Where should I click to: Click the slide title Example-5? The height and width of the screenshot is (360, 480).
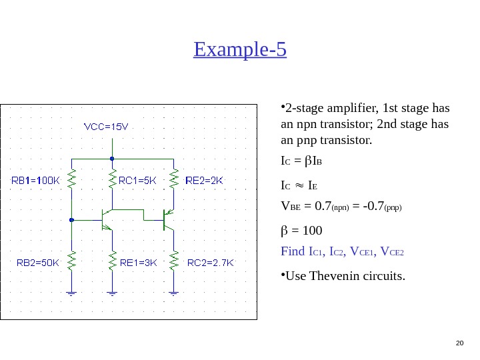pyautogui.click(x=239, y=49)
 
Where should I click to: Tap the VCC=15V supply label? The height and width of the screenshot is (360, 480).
pyautogui.click(x=105, y=126)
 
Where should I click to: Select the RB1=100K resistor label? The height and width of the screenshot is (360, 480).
pyautogui.click(x=37, y=179)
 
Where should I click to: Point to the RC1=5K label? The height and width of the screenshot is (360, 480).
pyautogui.click(x=138, y=179)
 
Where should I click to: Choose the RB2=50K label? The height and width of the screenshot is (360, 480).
pyautogui.click(x=38, y=262)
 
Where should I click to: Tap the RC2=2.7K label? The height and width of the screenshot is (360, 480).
pyautogui.click(x=210, y=262)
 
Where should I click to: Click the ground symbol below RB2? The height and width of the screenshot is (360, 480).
pyautogui.click(x=71, y=292)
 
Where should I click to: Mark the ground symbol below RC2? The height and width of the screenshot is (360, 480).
pyautogui.click(x=173, y=292)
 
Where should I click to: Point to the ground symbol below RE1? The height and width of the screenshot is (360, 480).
pyautogui.click(x=112, y=292)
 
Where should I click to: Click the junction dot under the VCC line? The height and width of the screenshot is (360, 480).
pyautogui.click(x=112, y=159)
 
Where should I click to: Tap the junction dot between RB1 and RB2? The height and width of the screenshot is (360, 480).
pyautogui.click(x=71, y=219)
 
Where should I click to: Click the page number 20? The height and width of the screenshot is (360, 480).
pyautogui.click(x=459, y=343)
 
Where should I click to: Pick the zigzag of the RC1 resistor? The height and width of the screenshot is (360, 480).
pyautogui.click(x=112, y=179)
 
